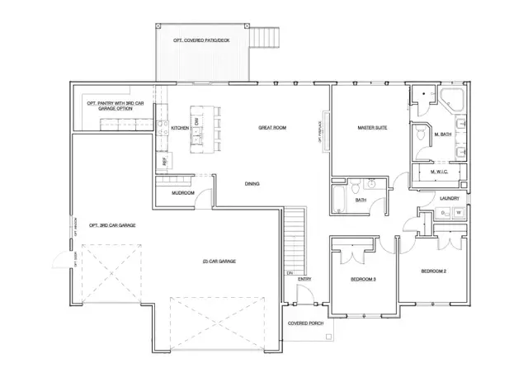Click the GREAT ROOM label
point(271,128)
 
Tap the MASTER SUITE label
point(373,129)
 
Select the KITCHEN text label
point(180,128)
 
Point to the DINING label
point(253,183)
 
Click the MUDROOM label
point(182,193)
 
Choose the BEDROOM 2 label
point(433,271)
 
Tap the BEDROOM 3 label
point(363,280)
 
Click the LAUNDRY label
point(450,198)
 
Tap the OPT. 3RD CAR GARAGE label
point(112,224)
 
